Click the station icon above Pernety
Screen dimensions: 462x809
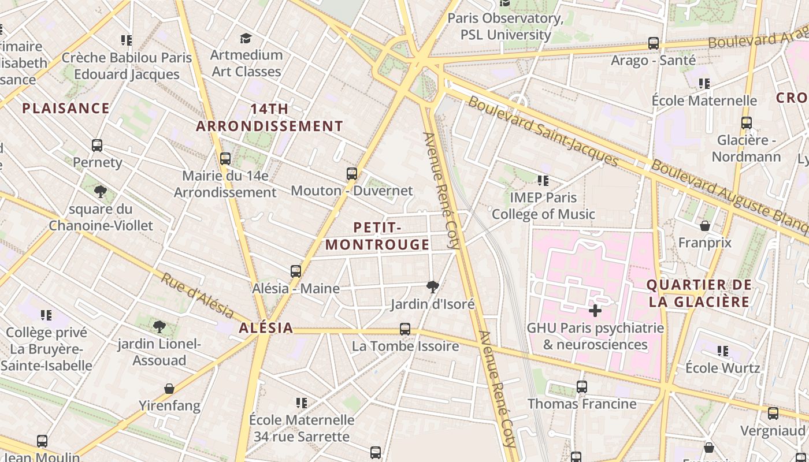click(x=97, y=146)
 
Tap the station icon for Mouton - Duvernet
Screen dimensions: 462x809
click(x=351, y=173)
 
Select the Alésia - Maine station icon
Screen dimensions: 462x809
click(x=296, y=271)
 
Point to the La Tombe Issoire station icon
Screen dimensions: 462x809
click(x=405, y=329)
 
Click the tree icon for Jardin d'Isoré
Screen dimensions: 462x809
click(x=432, y=286)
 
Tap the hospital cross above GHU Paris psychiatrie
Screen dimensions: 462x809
click(x=595, y=311)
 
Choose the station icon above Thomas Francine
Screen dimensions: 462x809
click(x=582, y=387)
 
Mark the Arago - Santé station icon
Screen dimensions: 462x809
click(x=654, y=43)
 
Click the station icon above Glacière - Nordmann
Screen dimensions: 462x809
click(x=747, y=123)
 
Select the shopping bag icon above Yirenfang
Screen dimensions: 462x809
click(x=169, y=389)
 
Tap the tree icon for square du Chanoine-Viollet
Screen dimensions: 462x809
click(x=101, y=192)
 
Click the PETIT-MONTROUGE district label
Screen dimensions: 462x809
click(x=377, y=236)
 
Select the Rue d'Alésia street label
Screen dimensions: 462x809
click(x=197, y=295)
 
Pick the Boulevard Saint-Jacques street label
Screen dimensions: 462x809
click(x=543, y=131)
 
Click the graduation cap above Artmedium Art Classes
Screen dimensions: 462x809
click(x=246, y=38)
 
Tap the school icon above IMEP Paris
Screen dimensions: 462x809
click(x=543, y=181)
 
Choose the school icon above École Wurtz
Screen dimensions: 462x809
click(x=723, y=351)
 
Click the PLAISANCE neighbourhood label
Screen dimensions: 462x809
click(x=66, y=108)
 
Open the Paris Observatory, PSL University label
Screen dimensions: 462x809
click(x=506, y=27)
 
